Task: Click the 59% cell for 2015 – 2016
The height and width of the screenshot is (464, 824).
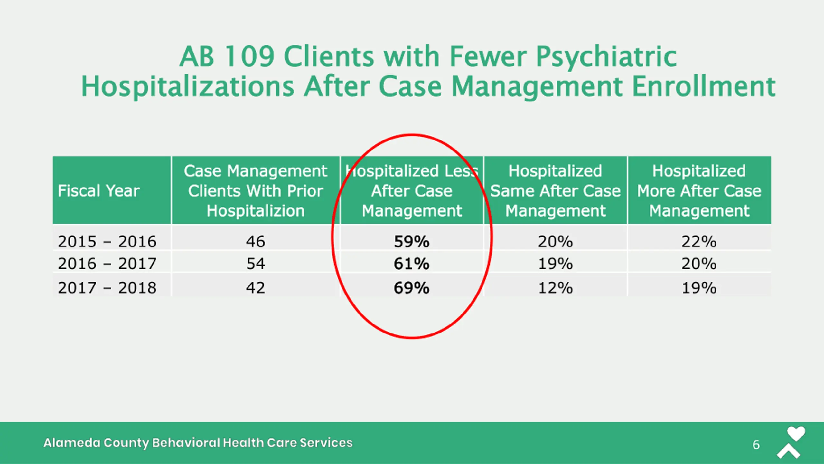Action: pos(411,241)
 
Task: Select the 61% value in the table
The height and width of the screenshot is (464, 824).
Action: pos(411,264)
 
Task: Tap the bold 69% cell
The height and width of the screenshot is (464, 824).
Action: pos(411,287)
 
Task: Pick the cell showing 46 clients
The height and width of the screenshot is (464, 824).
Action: pos(256,241)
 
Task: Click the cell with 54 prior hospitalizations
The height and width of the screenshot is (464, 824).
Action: pos(256,264)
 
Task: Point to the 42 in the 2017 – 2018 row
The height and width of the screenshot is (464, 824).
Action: pos(256,287)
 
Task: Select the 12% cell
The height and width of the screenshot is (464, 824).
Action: pos(555,287)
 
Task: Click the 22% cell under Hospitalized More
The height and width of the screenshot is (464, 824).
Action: pos(699,241)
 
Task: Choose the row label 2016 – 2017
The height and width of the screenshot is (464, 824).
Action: pos(107,264)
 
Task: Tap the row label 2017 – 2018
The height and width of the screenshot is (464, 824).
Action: pos(107,287)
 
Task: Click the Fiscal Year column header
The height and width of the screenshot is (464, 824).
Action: pos(99,190)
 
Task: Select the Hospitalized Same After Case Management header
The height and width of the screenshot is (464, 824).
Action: pos(555,190)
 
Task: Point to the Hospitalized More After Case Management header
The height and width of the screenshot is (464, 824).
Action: pos(699,190)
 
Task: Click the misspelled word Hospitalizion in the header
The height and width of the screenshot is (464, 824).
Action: pos(256,211)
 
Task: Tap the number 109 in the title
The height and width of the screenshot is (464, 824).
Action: pos(249,56)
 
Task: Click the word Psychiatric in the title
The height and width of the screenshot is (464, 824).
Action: pos(606,57)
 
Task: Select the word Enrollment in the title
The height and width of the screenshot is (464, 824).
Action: pos(704,86)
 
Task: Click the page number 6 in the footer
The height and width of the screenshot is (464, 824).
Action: pos(756,445)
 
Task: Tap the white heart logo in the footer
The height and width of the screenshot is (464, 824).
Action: pos(796,434)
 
